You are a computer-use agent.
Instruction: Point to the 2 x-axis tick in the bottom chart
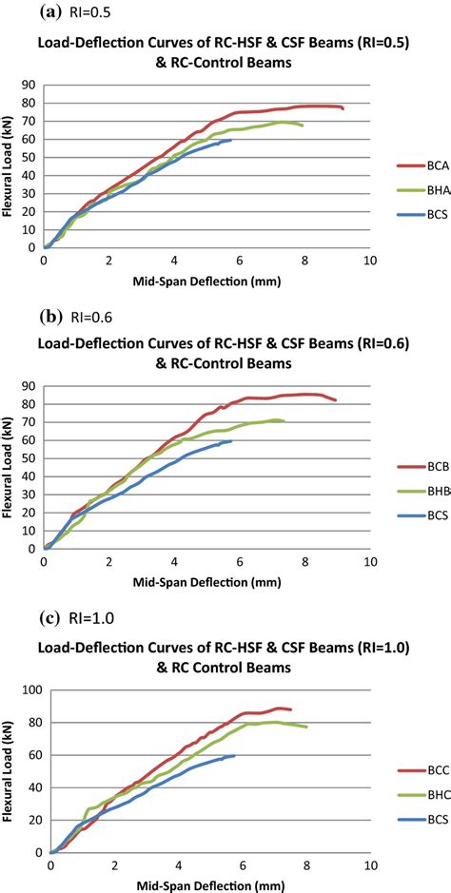[x=114, y=866]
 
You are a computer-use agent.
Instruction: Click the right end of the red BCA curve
[x=343, y=109]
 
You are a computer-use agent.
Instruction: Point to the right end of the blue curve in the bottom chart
[x=234, y=756]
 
